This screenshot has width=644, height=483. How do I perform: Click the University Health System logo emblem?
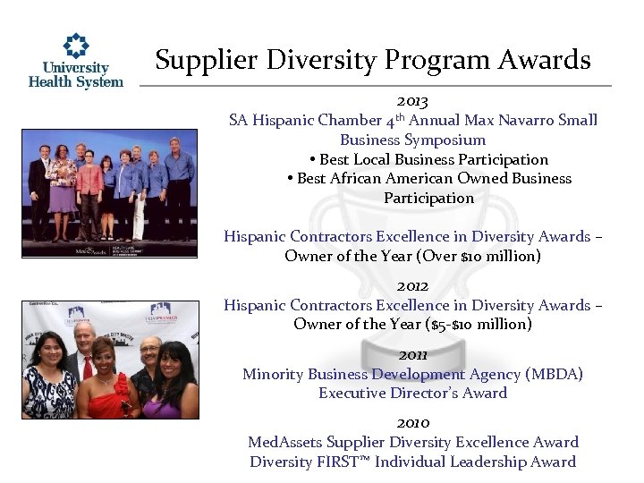point(76,47)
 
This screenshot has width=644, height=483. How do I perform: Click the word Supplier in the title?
point(198,60)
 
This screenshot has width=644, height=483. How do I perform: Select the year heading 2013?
point(412,101)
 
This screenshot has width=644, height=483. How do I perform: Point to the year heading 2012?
point(412,286)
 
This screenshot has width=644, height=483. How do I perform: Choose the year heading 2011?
point(412,354)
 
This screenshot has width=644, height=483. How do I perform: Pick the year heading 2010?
point(412,422)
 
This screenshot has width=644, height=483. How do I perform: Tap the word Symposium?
point(445,140)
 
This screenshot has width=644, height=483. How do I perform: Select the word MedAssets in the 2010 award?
point(285,442)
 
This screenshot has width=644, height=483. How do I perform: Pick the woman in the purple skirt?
point(63,192)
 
